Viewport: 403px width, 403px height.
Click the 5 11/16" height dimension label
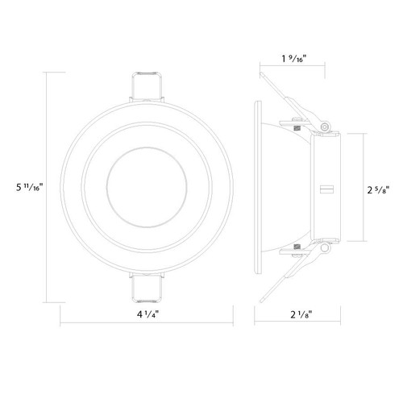tap(29, 187)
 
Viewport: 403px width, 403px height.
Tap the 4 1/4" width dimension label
tap(147, 314)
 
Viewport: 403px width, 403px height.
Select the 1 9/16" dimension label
tap(294, 58)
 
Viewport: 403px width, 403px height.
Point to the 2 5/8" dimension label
tap(378, 190)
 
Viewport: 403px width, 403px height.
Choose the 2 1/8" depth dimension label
tap(301, 314)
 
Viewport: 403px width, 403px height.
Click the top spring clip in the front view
tap(147, 87)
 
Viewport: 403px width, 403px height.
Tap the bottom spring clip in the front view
tap(147, 287)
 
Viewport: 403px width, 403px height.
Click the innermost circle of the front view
tap(147, 147)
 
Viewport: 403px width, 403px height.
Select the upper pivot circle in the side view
tap(325, 127)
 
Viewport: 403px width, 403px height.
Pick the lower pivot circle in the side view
tap(325, 247)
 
